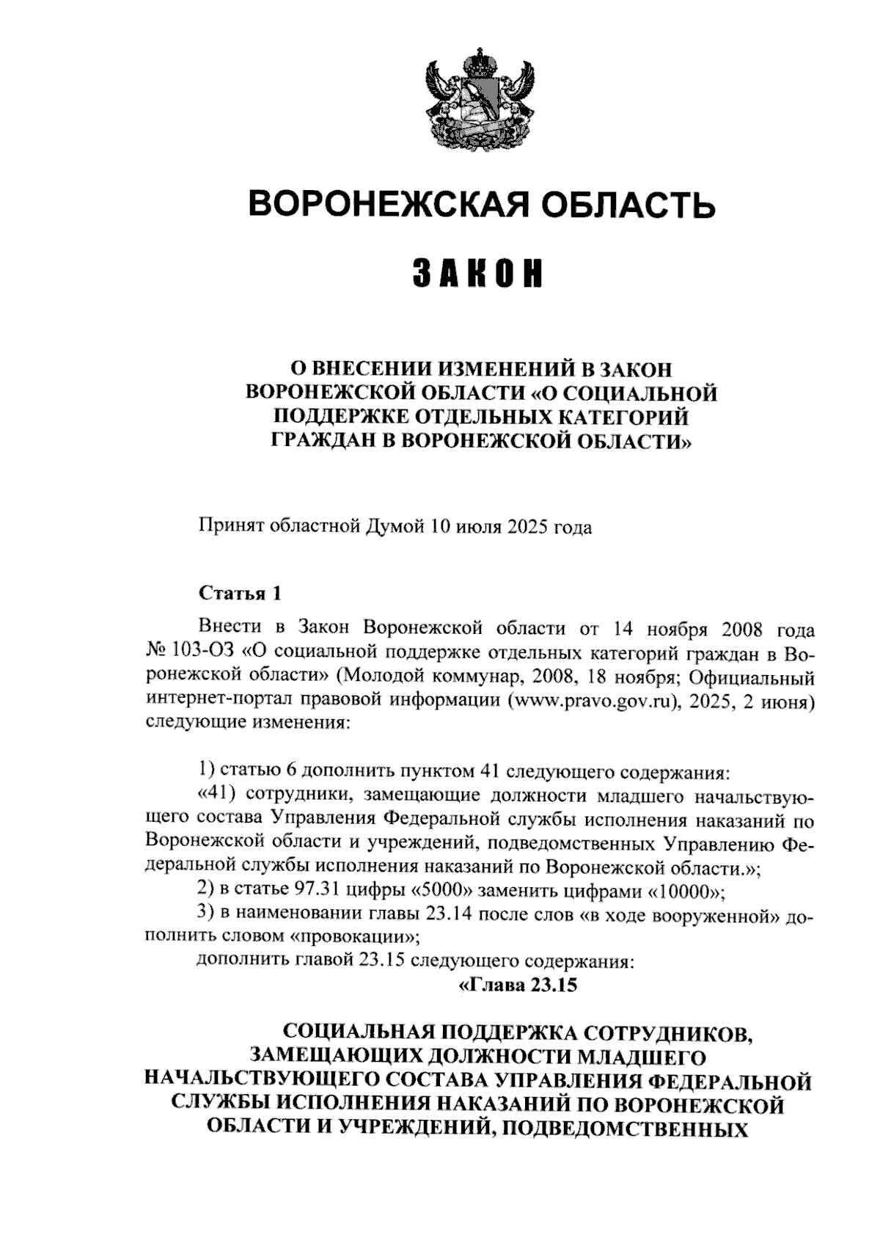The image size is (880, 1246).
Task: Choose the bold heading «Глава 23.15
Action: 518,984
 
